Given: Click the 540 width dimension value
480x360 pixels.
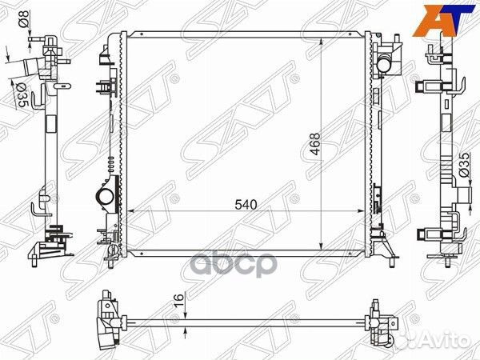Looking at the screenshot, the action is point(246,205).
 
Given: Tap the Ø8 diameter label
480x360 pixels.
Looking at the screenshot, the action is point(25,18).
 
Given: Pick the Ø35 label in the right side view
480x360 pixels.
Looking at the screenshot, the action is point(464,165).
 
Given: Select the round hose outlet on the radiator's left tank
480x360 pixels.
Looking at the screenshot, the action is point(103,196).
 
